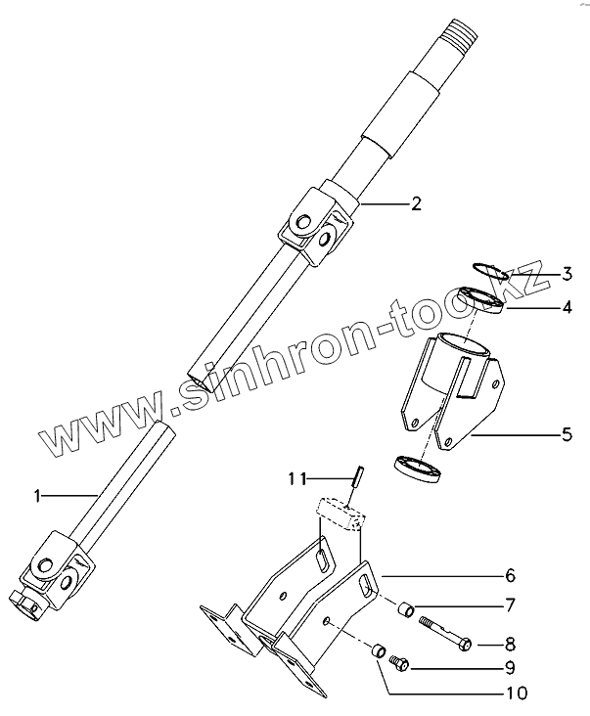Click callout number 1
pyautogui.click(x=37, y=497)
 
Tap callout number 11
pyautogui.click(x=297, y=478)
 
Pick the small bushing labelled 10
pyautogui.click(x=378, y=650)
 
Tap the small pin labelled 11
pyautogui.click(x=359, y=476)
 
